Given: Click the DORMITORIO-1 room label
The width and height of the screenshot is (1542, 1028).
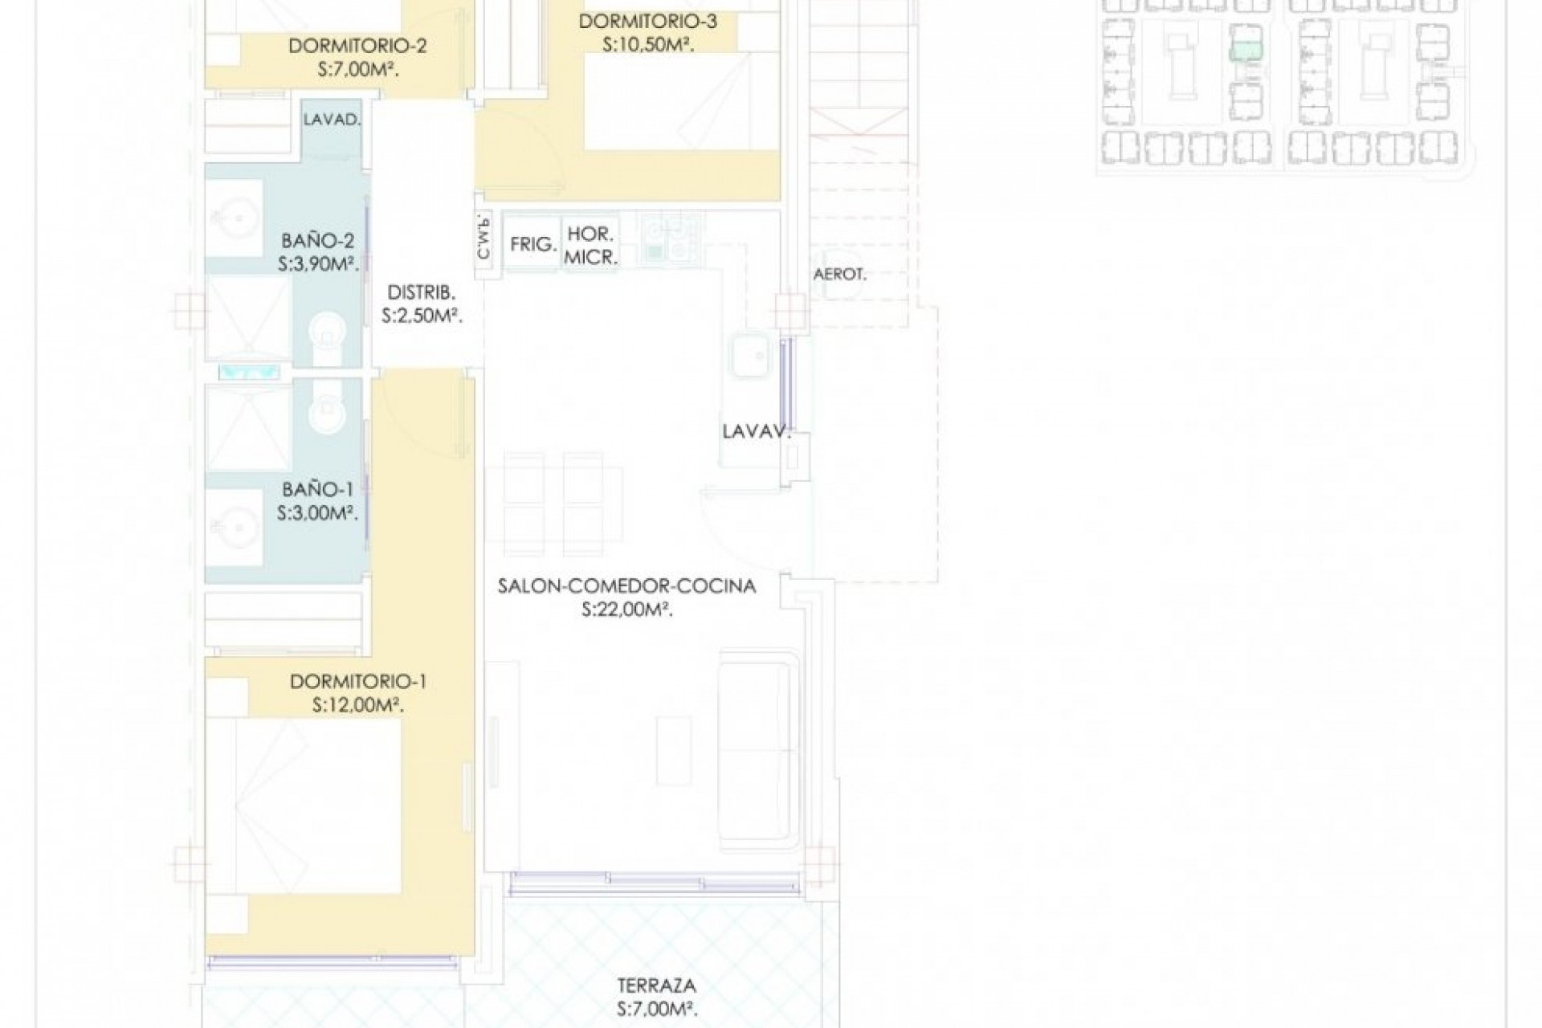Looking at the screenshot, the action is (x=358, y=682).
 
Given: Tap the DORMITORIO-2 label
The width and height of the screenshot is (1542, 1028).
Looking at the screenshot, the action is (x=357, y=46).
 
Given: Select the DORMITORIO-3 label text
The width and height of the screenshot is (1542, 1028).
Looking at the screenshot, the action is (x=648, y=21).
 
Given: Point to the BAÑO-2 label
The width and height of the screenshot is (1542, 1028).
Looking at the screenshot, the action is (x=318, y=240).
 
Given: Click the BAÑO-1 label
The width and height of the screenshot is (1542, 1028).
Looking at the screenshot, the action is (x=318, y=488).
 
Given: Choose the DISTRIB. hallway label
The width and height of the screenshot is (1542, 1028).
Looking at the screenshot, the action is (x=422, y=292).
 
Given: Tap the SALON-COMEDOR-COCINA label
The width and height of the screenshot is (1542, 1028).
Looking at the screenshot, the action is (x=627, y=586).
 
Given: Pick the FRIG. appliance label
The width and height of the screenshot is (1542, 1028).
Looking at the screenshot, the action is (x=534, y=243).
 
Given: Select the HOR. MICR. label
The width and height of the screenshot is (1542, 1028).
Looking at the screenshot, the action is (x=591, y=247).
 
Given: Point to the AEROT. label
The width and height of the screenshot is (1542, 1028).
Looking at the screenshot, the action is (x=840, y=274).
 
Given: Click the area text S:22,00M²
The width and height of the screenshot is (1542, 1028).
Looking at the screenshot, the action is (x=627, y=610).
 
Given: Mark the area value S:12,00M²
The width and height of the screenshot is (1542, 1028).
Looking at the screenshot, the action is (x=358, y=706).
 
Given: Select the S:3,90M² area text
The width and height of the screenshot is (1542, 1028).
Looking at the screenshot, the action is (x=318, y=264).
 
